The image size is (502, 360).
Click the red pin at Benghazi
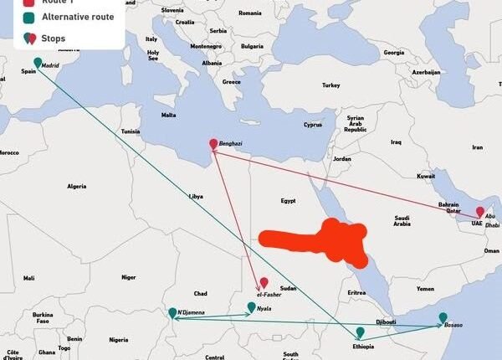[x=213, y=144]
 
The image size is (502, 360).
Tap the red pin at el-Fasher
[x=264, y=283]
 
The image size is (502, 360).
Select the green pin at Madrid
[x=37, y=63]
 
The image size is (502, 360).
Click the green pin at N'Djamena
[x=172, y=313]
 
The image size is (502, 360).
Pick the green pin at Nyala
[x=251, y=308]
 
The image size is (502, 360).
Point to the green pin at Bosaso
[x=443, y=318]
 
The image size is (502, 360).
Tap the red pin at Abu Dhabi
[x=479, y=213]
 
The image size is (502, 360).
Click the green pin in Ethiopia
[x=360, y=332]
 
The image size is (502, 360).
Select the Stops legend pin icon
[x=30, y=38]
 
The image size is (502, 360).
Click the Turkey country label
[x=330, y=85]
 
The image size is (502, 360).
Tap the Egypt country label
[x=288, y=201]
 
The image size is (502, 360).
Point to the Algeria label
[x=77, y=186]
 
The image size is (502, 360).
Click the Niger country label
[x=128, y=277]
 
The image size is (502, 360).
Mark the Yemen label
[x=426, y=288]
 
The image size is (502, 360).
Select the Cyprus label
[x=312, y=126]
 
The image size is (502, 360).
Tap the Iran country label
[x=478, y=147]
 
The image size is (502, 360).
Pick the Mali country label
[x=29, y=278]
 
